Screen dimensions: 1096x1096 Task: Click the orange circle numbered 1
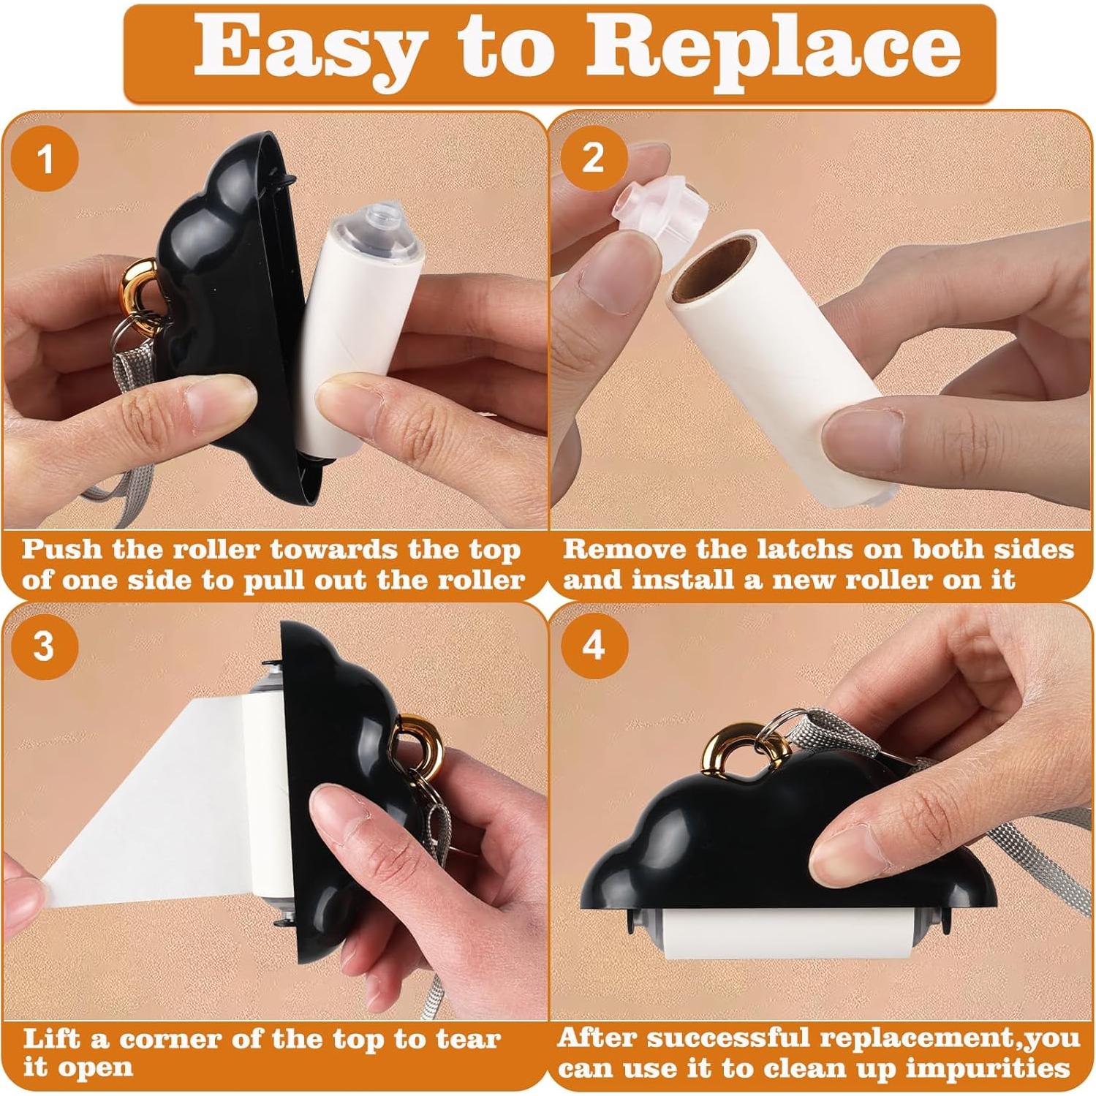pos(45,158)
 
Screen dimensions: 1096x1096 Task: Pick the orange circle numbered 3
pos(45,646)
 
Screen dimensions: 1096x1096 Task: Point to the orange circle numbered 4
pos(594,646)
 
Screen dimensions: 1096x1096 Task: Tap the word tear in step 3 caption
pos(468,1038)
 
